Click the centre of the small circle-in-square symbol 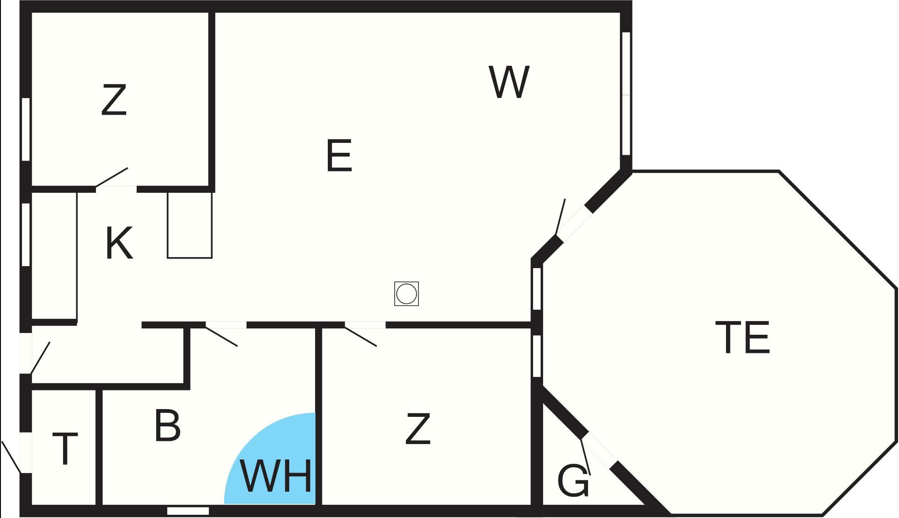pos(406,293)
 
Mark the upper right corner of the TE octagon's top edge pos(779,171)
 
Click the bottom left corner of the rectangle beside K pos(168,258)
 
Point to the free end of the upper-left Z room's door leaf pos(128,168)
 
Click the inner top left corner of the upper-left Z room pos(32,13)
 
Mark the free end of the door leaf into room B pos(237,346)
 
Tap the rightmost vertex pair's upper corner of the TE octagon pos(897,288)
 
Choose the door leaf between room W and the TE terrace pos(561,217)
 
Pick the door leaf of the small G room pos(586,457)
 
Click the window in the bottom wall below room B pos(188,511)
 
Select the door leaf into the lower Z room pos(361,336)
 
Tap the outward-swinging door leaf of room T pos(11,457)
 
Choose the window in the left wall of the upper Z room pos(26,129)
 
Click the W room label pos(509,82)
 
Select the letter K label pos(119,244)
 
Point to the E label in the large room pos(339,156)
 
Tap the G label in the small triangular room pos(573,480)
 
